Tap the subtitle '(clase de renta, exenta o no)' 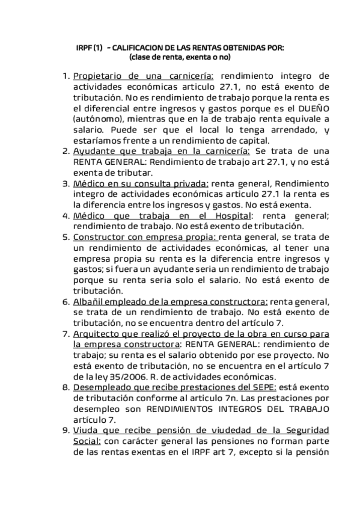coord(180,58)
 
